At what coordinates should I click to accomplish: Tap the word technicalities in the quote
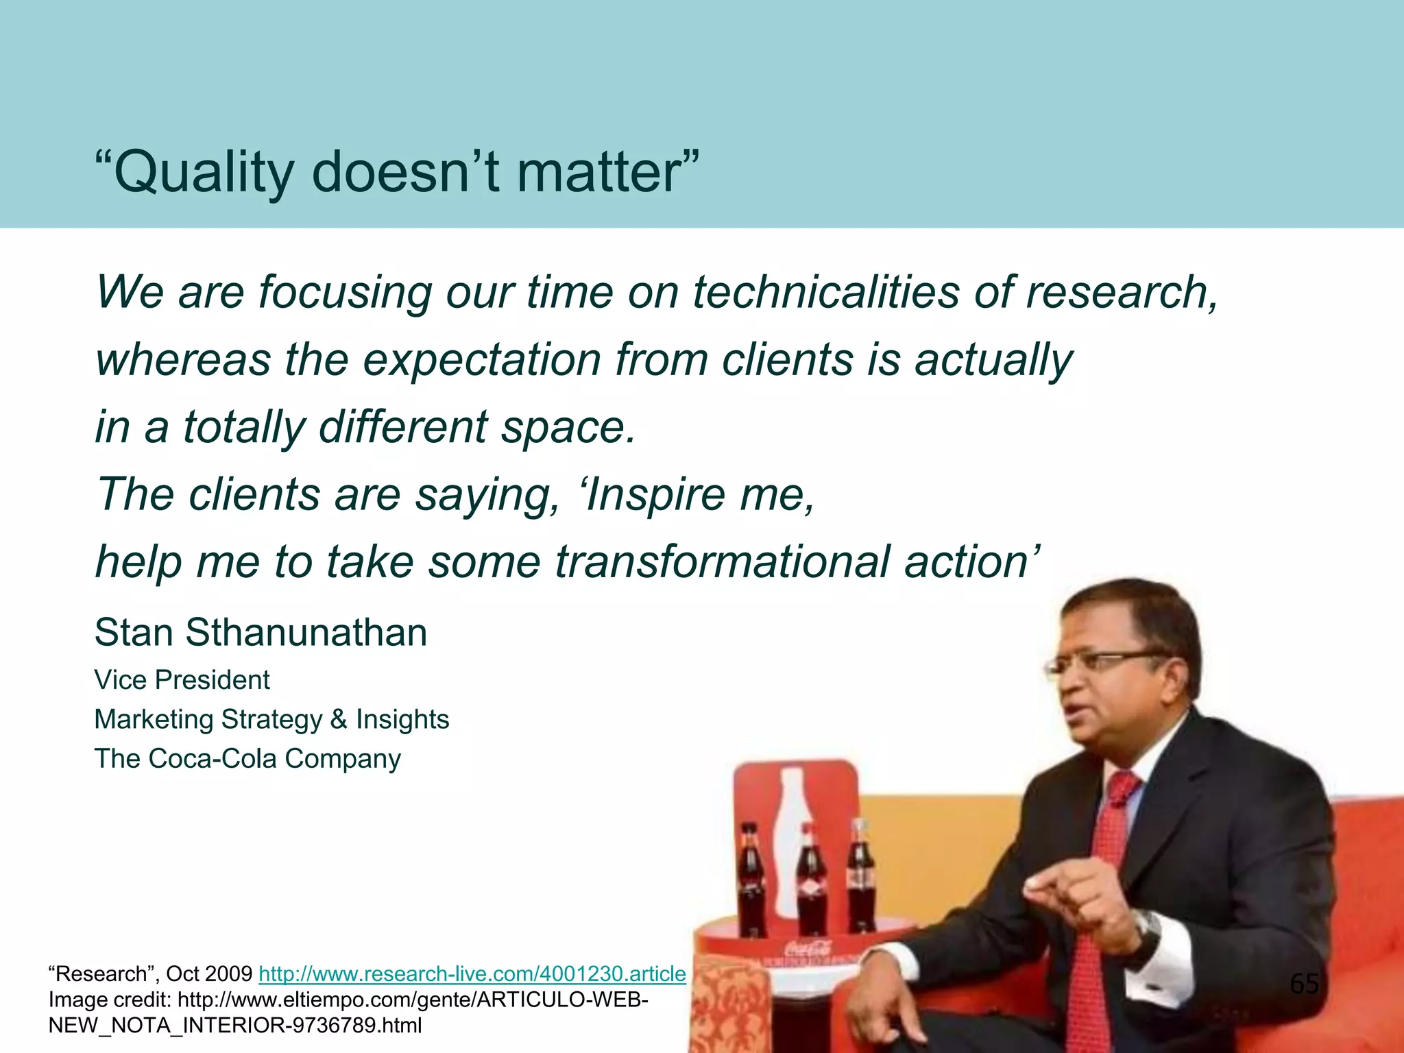(825, 292)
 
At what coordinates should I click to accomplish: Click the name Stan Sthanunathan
(261, 632)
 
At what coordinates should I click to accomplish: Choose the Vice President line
(182, 680)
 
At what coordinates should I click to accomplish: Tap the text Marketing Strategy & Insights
(271, 719)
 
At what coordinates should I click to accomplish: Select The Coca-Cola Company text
(247, 759)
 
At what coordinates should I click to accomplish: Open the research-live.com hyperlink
(472, 973)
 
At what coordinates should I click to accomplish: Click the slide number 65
(1304, 984)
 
